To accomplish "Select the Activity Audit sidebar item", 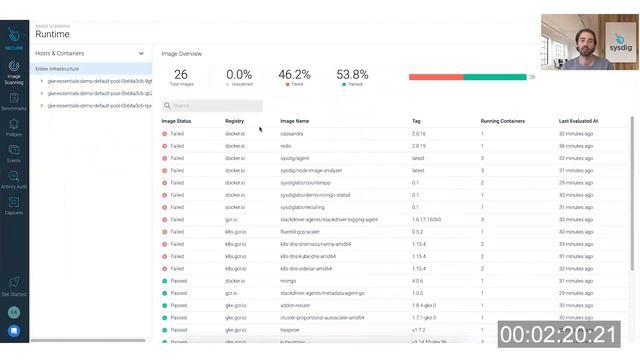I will tap(14, 177).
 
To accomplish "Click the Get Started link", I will tap(14, 289).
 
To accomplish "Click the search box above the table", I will tap(214, 105).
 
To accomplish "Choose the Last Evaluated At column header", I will tap(578, 121).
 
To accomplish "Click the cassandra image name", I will tap(292, 133).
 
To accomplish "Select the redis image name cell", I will tap(286, 145).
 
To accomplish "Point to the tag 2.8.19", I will tap(419, 145).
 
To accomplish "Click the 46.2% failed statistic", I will tap(294, 75).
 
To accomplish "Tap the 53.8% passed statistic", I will tap(352, 75).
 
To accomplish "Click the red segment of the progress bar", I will tap(435, 76).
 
